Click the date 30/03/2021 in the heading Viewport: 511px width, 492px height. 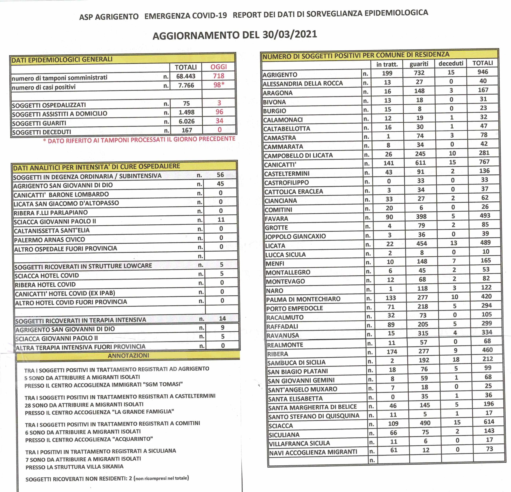tap(290, 34)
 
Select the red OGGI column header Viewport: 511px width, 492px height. tap(219, 67)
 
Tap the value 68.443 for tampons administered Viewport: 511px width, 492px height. tap(186, 76)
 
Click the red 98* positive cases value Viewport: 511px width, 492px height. tap(219, 85)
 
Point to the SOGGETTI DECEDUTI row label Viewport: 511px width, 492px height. tap(42, 132)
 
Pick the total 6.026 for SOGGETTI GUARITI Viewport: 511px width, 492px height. tap(187, 121)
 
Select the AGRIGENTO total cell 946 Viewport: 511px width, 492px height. tap(483, 72)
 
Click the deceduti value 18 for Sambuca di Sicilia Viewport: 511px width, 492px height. tap(456, 360)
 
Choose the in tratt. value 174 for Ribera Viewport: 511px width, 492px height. tap(392, 352)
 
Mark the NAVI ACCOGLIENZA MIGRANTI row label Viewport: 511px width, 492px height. tap(313, 452)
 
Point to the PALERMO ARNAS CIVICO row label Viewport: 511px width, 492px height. tap(50, 240)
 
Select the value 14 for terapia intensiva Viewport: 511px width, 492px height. tap(222, 318)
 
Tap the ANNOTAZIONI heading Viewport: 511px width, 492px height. tap(128, 356)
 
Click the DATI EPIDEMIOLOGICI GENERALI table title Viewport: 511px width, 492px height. tap(62, 60)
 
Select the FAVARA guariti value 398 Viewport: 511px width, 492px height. tap(421, 216)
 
